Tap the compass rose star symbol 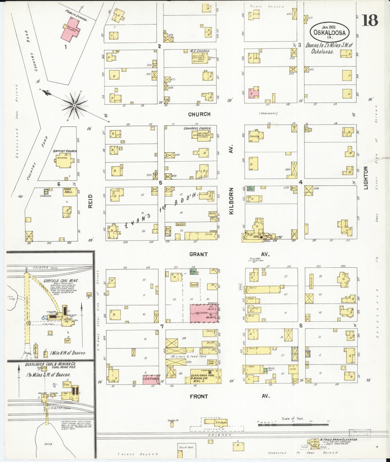coord(74,105)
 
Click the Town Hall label coord(67,191)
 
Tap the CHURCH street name coord(199,114)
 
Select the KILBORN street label coord(231,201)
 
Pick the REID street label coord(90,201)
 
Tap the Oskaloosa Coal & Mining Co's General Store coord(203,376)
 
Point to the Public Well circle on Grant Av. coord(254,261)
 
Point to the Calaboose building coord(46,191)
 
